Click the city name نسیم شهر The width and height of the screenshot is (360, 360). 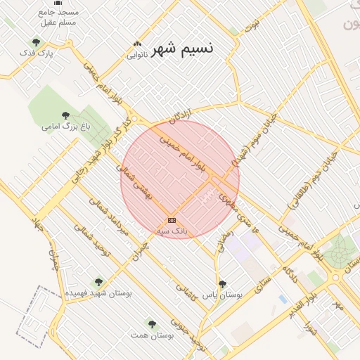[182, 49]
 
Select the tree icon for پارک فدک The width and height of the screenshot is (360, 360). [36, 41]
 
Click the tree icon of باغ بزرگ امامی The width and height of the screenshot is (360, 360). [65, 115]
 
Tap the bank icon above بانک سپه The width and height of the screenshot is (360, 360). [172, 220]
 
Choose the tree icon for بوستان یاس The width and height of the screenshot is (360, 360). [222, 285]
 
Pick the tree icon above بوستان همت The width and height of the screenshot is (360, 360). [152, 324]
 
